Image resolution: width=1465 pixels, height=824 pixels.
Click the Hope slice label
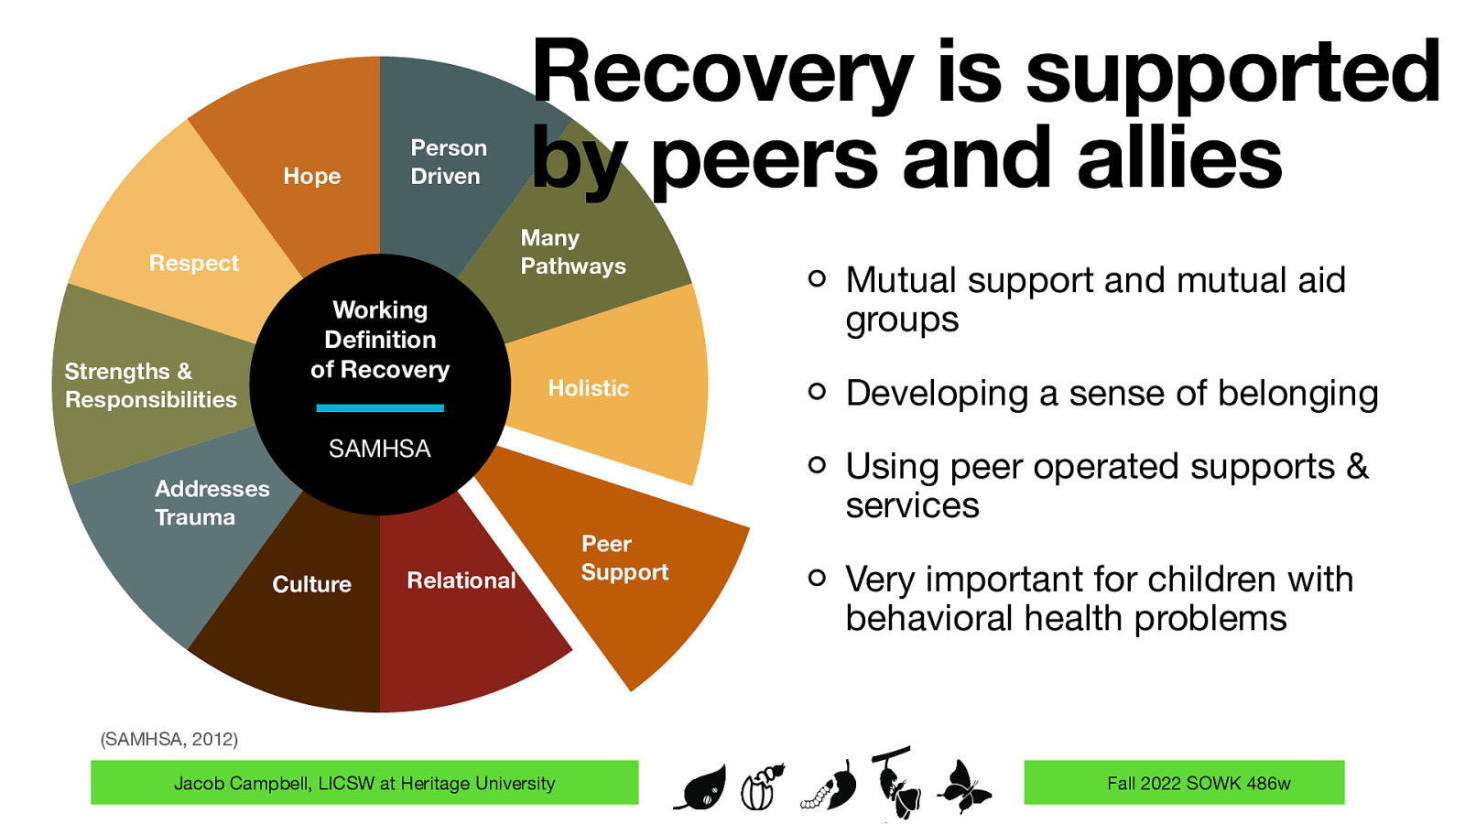tap(311, 176)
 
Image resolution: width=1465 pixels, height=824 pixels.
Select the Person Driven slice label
tap(448, 162)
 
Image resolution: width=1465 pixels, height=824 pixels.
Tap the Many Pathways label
tap(572, 252)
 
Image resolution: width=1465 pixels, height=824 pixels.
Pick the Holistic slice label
tap(588, 388)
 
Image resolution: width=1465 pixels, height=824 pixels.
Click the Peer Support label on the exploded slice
tap(624, 558)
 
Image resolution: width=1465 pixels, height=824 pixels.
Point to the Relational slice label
tap(461, 580)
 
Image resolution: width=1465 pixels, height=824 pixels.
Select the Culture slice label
tap(311, 584)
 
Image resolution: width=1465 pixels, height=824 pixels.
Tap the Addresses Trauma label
tap(212, 503)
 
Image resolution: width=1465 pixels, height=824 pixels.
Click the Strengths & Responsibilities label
tap(150, 385)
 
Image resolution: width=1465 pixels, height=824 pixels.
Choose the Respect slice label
tap(193, 264)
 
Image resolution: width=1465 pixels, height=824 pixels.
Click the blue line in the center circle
tap(379, 408)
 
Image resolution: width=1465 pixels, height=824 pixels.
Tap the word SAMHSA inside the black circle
tap(379, 449)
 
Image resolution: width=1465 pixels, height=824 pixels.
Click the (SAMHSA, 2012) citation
tap(168, 739)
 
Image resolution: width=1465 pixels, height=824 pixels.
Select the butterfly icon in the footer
tap(963, 786)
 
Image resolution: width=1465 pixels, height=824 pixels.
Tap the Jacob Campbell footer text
tap(364, 784)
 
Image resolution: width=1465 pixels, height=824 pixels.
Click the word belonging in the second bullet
tap(1297, 394)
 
